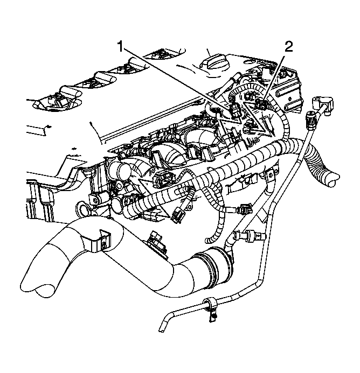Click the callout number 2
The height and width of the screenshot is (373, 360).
[x=289, y=46]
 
